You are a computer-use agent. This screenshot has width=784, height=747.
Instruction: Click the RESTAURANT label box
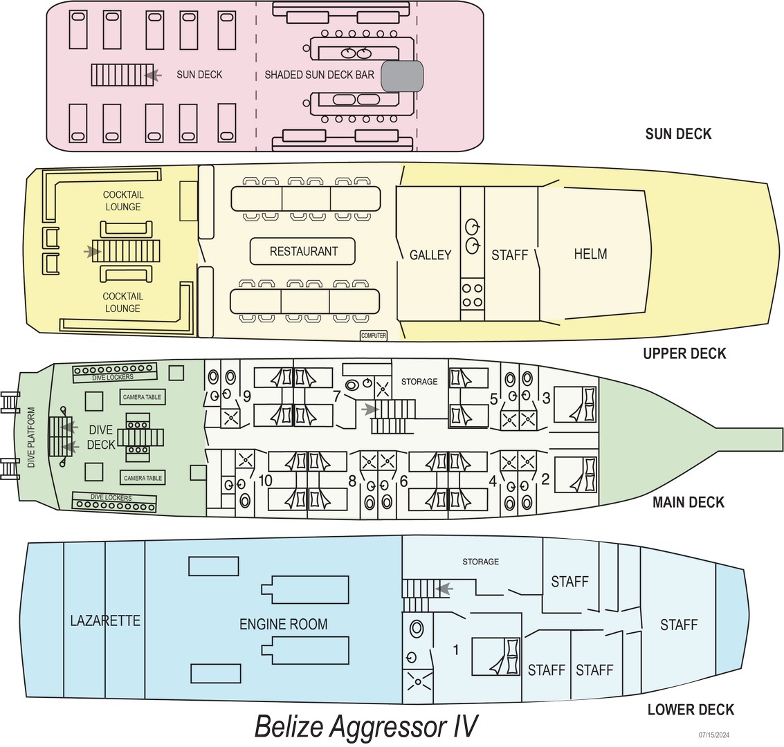303,252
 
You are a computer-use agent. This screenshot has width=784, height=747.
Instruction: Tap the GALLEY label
430,255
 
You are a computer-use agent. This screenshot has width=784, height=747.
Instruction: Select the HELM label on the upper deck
590,254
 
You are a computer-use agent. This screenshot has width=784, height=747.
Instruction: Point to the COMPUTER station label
374,335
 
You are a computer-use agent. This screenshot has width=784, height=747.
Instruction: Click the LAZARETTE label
105,620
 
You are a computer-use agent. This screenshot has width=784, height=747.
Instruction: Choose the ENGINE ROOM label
284,624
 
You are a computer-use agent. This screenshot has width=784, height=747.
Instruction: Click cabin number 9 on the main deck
246,396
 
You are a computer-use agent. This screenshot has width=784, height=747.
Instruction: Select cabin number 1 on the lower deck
455,649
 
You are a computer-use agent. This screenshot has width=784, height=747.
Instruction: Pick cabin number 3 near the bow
546,398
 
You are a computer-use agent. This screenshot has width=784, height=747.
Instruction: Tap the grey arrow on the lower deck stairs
445,589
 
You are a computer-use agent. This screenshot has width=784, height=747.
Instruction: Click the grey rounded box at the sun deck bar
402,75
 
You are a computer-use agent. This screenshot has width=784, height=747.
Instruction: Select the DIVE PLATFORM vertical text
30,438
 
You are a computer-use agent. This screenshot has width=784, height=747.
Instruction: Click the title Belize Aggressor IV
366,726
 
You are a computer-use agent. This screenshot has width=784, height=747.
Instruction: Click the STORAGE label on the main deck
419,381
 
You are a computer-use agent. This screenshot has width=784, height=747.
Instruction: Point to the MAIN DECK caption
688,502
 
